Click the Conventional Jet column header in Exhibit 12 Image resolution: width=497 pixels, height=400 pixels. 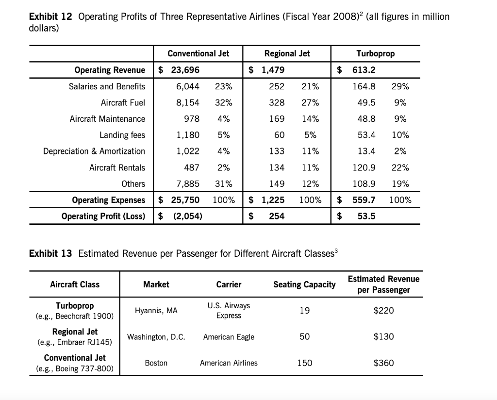pos(198,53)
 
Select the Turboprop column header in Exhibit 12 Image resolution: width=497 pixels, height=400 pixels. pos(375,53)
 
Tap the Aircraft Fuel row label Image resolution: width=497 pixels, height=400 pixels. pos(123,102)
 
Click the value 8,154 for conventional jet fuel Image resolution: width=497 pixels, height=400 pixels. pos(187,102)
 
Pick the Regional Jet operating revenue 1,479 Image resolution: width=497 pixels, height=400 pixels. pos(272,70)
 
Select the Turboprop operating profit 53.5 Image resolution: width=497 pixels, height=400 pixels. pos(366,216)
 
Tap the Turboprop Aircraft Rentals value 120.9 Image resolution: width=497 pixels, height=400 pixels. pos(365,167)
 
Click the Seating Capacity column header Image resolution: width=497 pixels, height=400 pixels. pos(304,284)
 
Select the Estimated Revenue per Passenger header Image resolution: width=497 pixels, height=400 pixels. pos(383,284)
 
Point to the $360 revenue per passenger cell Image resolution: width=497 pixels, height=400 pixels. pos(383,363)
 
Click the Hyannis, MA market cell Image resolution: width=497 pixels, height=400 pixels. pos(156,311)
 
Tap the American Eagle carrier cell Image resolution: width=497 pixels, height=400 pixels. pos(229,337)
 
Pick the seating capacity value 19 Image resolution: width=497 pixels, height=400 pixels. pos(304,311)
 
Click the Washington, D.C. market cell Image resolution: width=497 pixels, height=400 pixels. pos(156,337)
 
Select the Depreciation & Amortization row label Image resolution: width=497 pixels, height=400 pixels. pos(94,151)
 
